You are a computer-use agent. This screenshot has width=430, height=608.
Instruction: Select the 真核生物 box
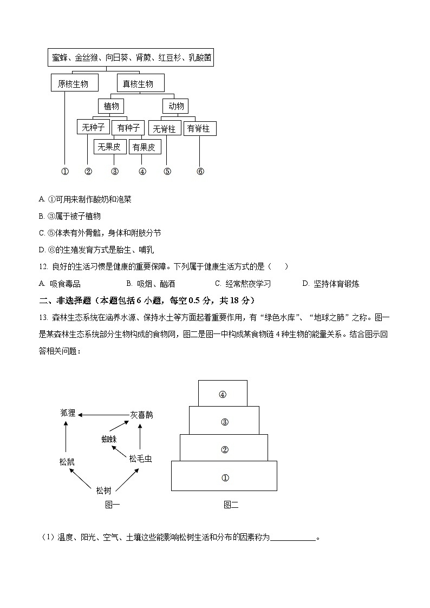(x=140, y=83)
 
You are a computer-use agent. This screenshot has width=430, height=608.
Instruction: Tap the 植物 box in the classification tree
(x=111, y=106)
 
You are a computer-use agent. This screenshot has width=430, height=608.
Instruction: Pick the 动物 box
(x=175, y=106)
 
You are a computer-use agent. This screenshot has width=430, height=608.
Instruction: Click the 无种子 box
(x=93, y=128)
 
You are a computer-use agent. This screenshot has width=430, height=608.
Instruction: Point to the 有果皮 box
(x=144, y=147)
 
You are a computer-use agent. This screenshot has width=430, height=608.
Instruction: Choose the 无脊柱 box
(x=164, y=128)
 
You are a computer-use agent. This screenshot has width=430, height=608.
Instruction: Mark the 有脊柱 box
(x=200, y=128)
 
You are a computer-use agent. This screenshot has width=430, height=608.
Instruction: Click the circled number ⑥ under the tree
(x=200, y=172)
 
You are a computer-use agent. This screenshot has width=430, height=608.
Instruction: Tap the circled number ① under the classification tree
(x=64, y=172)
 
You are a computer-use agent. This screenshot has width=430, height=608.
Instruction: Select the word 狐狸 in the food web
(x=68, y=413)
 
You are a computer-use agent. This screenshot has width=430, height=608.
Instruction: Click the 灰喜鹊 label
(x=141, y=415)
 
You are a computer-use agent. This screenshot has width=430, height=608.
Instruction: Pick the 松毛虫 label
(x=140, y=459)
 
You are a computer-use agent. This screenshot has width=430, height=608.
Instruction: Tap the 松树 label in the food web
(x=103, y=491)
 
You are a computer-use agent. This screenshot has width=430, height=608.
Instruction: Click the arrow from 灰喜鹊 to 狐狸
(x=103, y=415)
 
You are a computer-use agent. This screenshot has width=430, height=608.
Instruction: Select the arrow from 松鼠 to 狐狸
(x=66, y=437)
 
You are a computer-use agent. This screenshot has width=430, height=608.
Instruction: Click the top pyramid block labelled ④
(x=223, y=394)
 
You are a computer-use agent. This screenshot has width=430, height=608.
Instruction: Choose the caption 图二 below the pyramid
(x=231, y=505)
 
